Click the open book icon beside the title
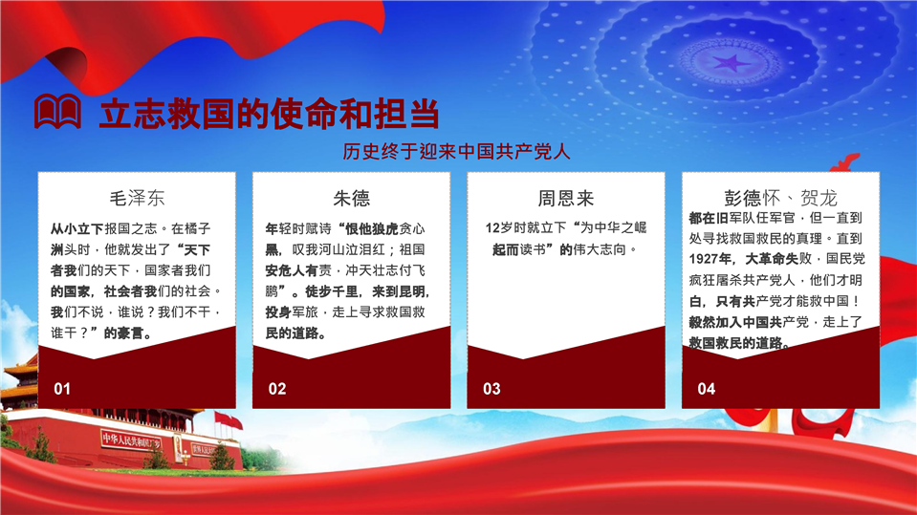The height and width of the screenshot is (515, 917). click(57, 111)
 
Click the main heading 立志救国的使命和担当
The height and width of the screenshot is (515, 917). click(270, 114)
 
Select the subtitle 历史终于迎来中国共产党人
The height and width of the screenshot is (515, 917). click(457, 151)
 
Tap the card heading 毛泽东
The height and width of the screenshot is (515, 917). click(137, 198)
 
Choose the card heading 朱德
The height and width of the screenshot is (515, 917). click(352, 198)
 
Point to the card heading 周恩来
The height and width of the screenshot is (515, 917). click(565, 198)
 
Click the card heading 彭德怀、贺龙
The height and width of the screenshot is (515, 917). click(780, 198)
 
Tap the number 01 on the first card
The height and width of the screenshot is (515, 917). click(62, 389)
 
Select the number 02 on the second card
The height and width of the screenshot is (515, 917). click(277, 389)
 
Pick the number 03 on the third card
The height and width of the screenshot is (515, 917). click(491, 389)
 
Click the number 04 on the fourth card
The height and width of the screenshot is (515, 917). click(707, 389)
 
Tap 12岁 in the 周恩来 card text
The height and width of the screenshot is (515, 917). click(498, 228)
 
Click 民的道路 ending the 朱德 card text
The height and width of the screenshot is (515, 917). click(292, 333)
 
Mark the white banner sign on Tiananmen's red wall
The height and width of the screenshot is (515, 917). click(131, 440)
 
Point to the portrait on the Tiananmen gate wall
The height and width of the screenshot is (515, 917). click(178, 446)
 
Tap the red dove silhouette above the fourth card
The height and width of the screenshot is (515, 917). click(845, 161)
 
